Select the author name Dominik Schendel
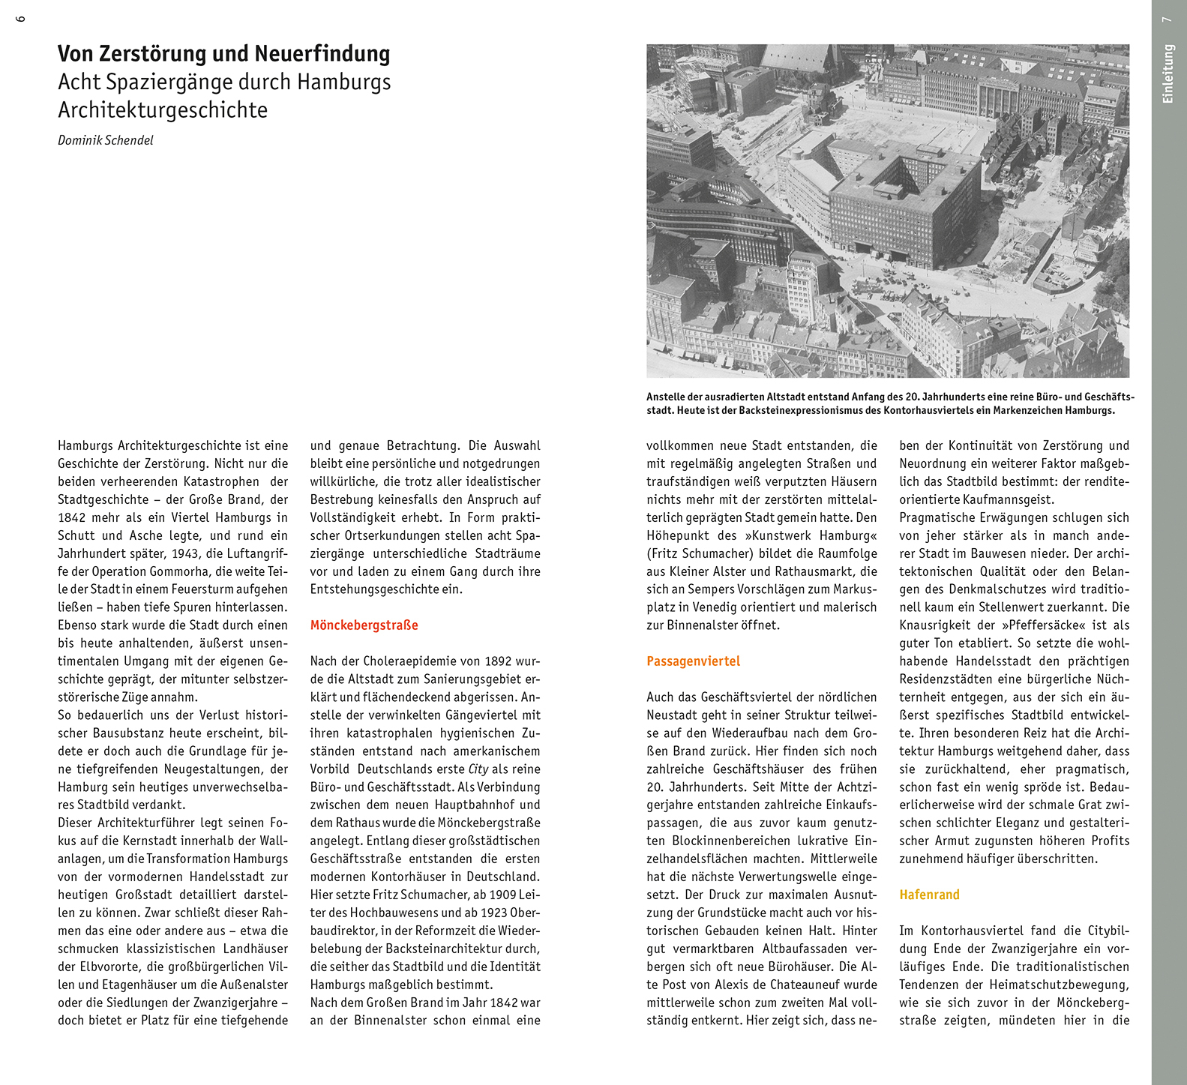pos(106,140)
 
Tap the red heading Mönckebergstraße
pos(364,625)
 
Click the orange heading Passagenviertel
pos(693,661)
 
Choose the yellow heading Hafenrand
pos(929,895)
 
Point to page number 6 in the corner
pos(20,18)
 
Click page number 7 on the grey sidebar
pos(1167,19)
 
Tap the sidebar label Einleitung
pos(1167,73)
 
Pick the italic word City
pos(478,769)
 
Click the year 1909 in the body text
pos(504,895)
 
